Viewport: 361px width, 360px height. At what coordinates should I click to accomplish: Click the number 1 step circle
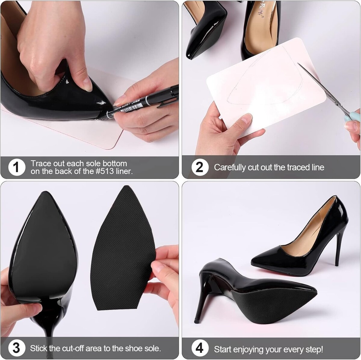pyautogui.click(x=17, y=167)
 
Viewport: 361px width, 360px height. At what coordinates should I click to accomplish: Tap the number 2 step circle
pyautogui.click(x=200, y=167)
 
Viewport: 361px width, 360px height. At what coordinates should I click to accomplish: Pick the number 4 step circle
pyautogui.click(x=200, y=343)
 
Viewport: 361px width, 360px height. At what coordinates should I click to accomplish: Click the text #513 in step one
pyautogui.click(x=104, y=171)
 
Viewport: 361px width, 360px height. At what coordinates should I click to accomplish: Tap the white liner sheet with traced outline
pyautogui.click(x=266, y=88)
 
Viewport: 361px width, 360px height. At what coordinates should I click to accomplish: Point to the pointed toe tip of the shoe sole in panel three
pyautogui.click(x=45, y=192)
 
